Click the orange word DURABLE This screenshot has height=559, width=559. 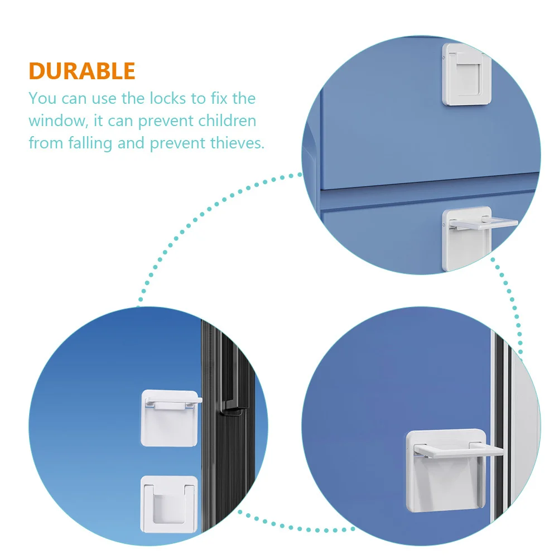[x=82, y=71]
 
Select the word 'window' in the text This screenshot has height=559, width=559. [x=55, y=121]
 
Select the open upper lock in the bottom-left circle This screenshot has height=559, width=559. [x=169, y=417]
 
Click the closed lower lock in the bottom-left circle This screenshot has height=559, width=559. [x=168, y=502]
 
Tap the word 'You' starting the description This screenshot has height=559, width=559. [x=42, y=99]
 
